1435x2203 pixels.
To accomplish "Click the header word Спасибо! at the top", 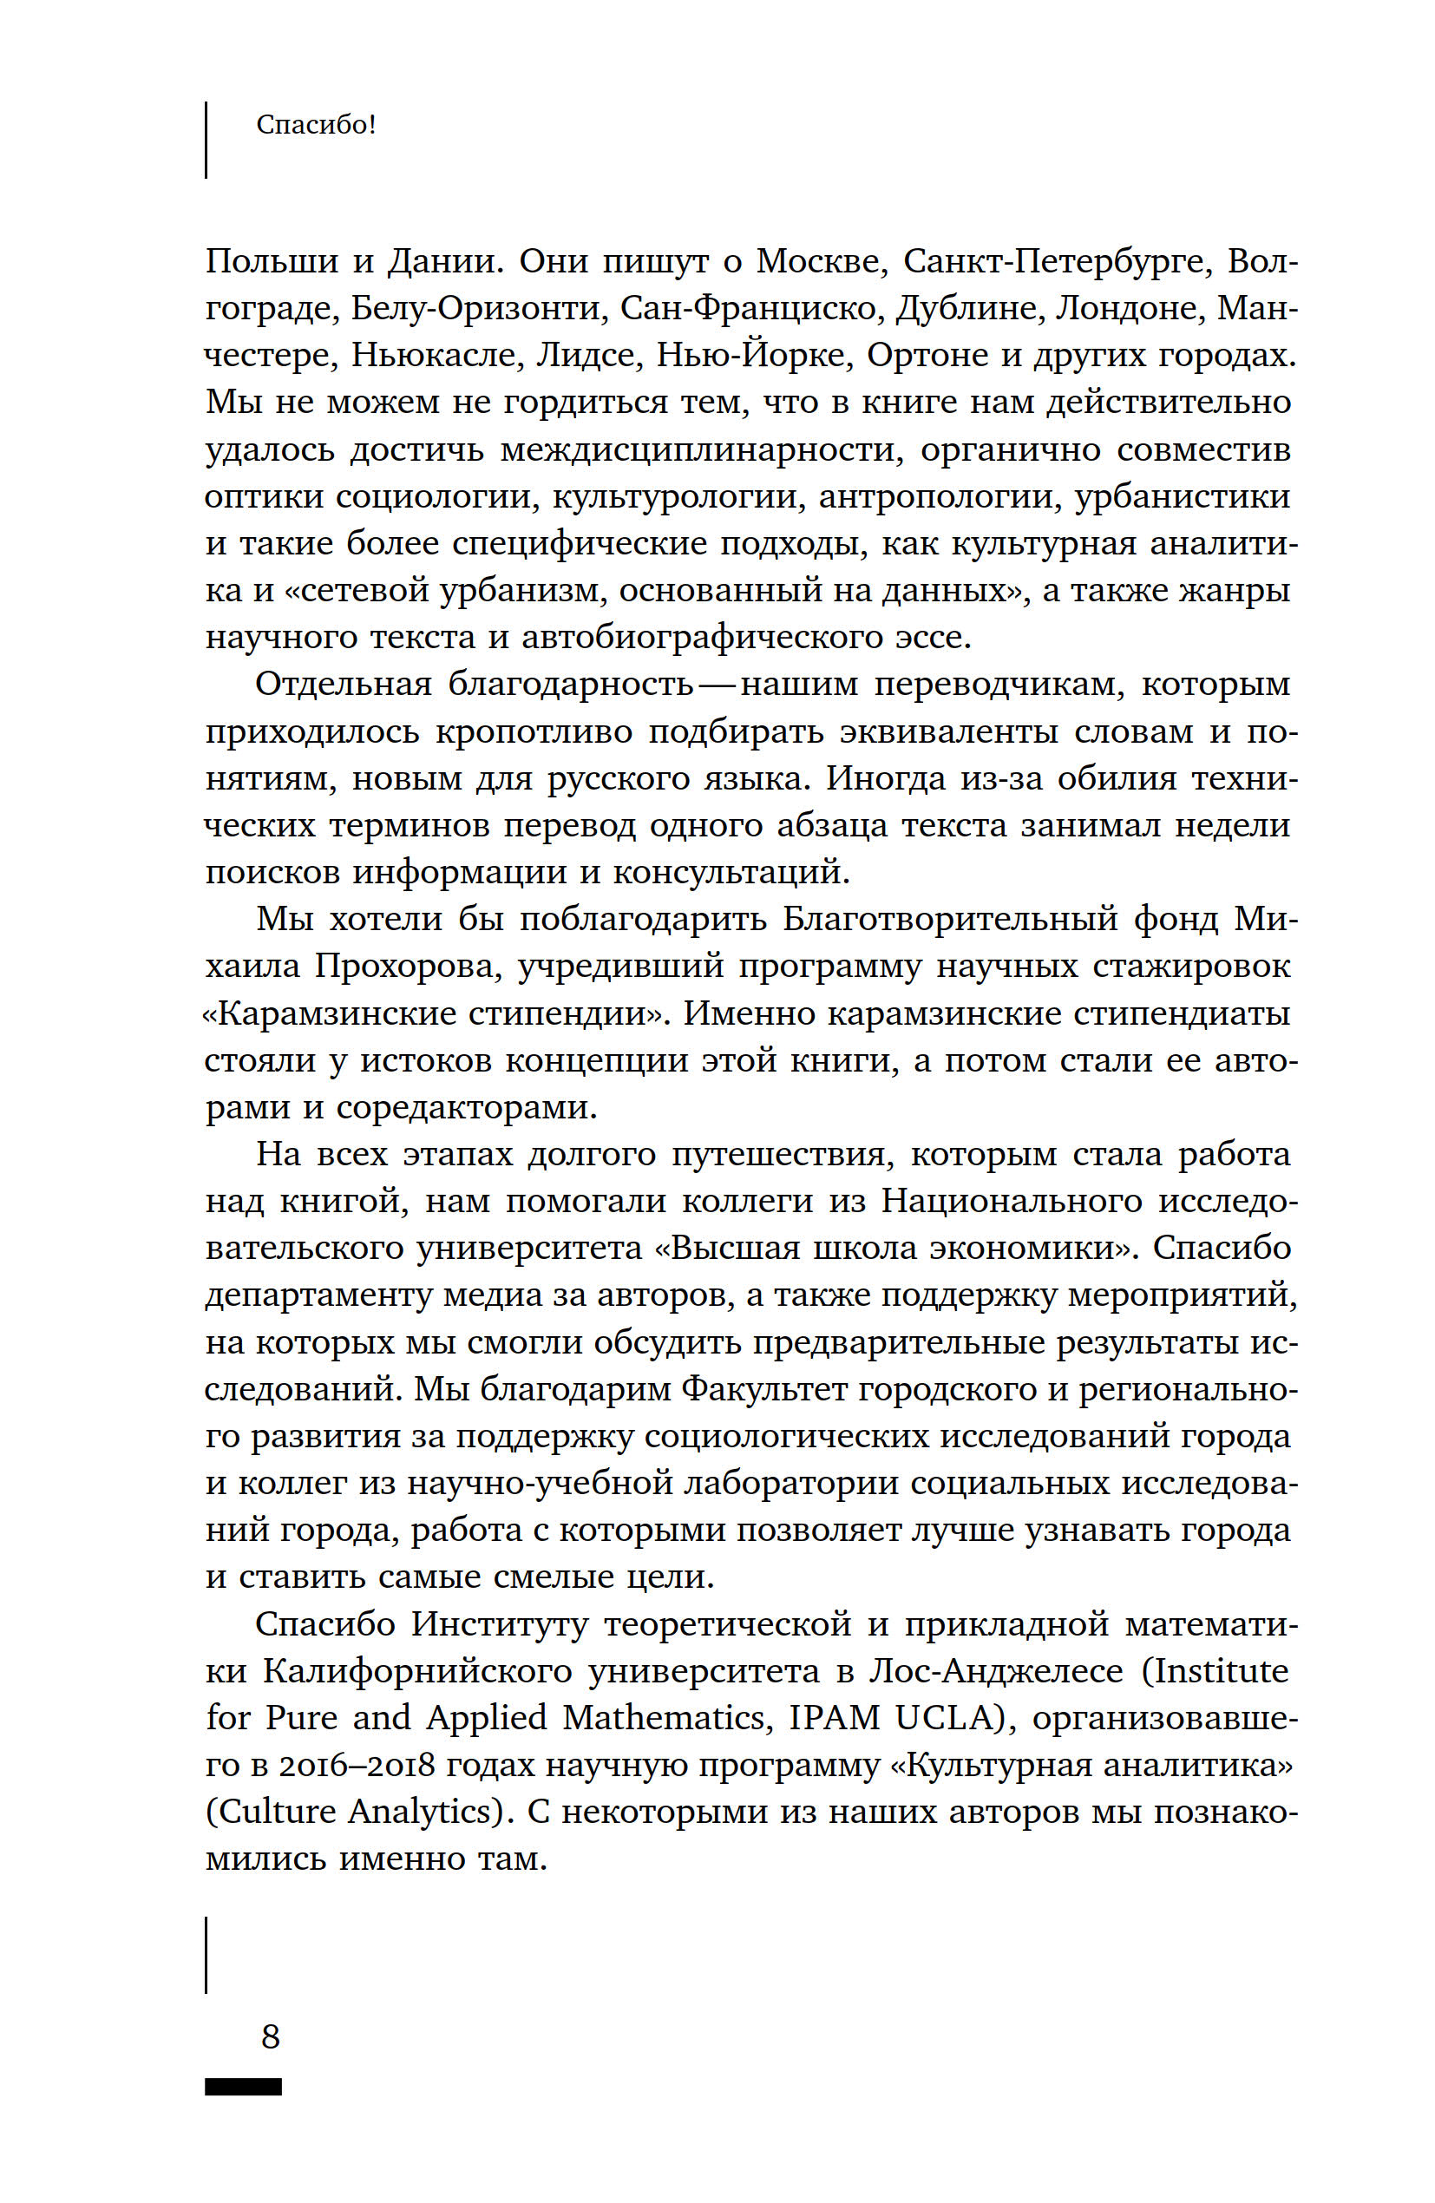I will [316, 125].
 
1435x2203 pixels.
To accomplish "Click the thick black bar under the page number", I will [244, 2087].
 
